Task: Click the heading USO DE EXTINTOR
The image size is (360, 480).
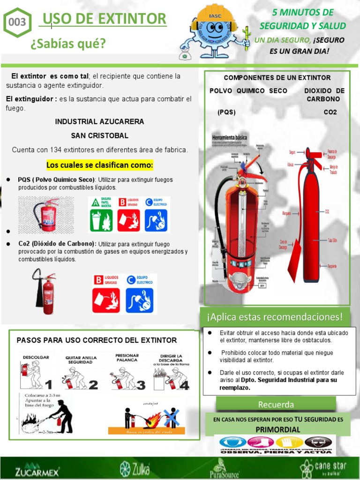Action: pos(104,19)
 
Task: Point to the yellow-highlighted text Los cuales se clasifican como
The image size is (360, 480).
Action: pos(100,165)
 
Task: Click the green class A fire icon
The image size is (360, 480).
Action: pos(101,214)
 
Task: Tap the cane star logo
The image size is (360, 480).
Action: pos(326,468)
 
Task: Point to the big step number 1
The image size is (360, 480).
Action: pos(48,384)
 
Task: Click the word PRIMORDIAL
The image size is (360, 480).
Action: pos(278,429)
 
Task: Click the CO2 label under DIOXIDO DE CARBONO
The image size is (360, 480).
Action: pos(330,112)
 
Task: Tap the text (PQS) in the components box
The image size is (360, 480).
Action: pos(226,112)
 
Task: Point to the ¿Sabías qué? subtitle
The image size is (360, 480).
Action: pos(68,44)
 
